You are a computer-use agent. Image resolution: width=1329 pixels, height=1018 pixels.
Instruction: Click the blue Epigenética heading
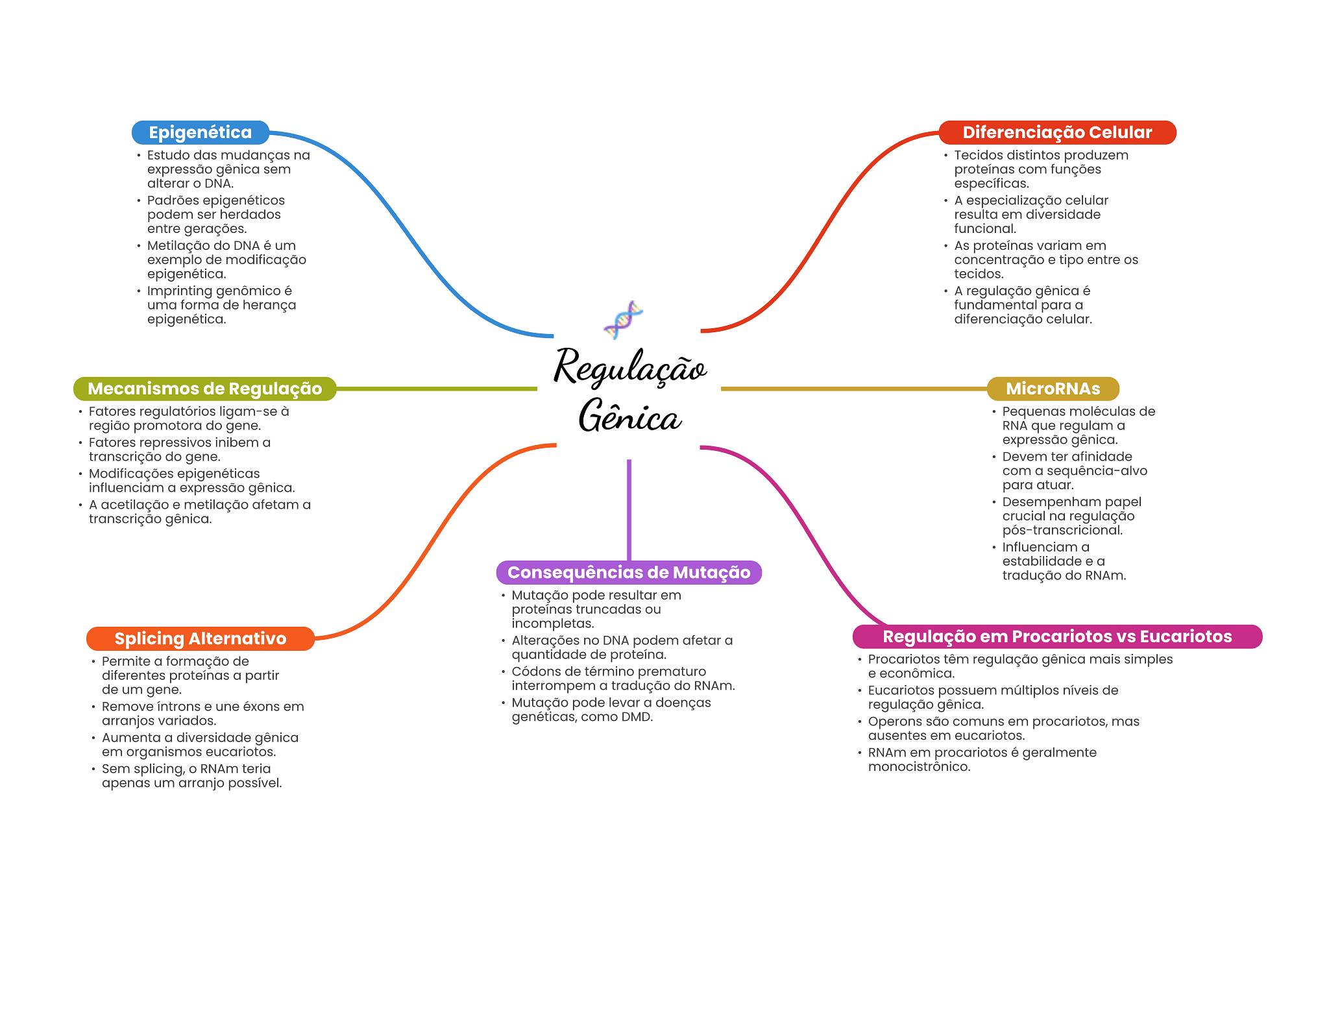click(x=200, y=132)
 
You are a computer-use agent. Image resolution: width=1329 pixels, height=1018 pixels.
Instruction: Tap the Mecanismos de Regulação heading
click(x=204, y=389)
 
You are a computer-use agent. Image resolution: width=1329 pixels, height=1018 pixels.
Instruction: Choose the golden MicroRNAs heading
click(x=1053, y=389)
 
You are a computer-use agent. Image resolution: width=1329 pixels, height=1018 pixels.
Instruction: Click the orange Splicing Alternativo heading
click(x=200, y=638)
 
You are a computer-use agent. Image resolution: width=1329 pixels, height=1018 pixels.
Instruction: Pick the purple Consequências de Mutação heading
click(x=628, y=572)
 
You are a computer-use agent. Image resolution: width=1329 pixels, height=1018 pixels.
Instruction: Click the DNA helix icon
click(x=623, y=319)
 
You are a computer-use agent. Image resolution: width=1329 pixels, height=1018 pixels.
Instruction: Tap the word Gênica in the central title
click(x=629, y=417)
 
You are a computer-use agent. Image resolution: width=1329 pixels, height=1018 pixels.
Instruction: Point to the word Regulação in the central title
click(x=629, y=367)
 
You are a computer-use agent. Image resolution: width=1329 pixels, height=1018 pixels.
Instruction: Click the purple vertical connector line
click(x=629, y=509)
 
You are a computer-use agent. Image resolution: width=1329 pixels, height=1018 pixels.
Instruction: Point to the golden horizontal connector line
click(x=853, y=389)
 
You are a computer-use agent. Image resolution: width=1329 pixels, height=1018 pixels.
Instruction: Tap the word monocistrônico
click(x=919, y=767)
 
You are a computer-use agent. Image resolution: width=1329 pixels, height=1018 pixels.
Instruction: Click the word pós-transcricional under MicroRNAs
click(x=1062, y=530)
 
